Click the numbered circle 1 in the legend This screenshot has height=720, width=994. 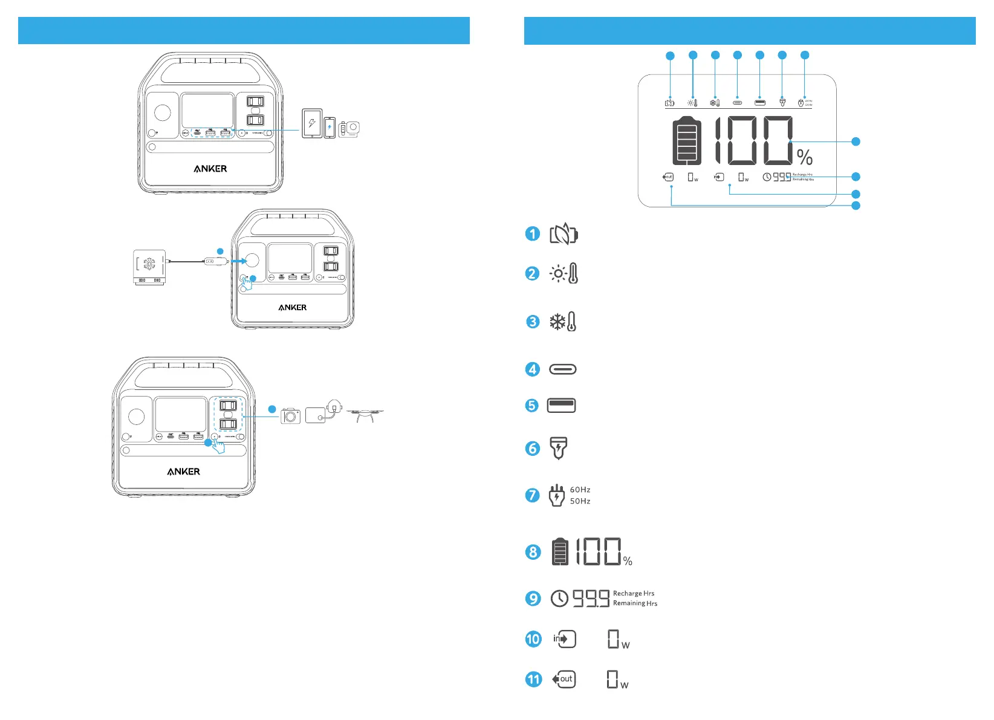532,234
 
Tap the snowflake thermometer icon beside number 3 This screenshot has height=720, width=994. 563,322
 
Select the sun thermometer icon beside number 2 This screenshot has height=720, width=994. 564,273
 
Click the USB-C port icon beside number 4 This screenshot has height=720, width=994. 562,369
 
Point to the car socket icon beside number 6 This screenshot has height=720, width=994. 559,449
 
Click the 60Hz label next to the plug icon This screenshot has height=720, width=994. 580,490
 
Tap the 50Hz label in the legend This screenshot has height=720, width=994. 580,501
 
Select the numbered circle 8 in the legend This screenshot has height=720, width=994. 533,552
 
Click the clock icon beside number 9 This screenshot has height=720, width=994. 559,598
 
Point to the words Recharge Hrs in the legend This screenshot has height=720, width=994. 634,594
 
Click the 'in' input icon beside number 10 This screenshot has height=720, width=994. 564,639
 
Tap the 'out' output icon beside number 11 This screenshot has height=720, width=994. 564,679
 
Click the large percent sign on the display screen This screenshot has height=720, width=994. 805,157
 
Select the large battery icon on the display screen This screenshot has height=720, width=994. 687,141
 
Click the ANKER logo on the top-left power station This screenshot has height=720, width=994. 210,169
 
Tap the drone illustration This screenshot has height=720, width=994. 365,415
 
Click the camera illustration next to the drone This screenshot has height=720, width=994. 291,416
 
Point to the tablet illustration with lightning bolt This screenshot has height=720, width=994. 312,123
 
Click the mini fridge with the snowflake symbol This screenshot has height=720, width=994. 149,267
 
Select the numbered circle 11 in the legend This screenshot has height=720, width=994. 533,679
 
